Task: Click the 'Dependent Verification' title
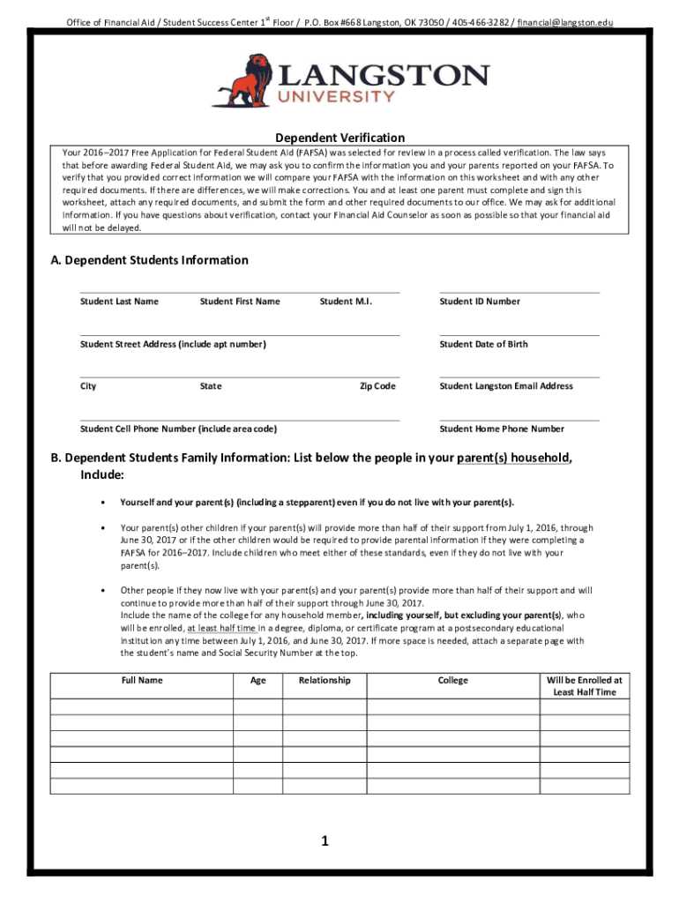point(339,138)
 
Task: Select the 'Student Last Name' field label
point(119,302)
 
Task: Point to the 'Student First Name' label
point(240,302)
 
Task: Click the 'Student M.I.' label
point(346,302)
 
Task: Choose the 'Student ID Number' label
point(480,302)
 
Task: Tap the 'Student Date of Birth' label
point(483,344)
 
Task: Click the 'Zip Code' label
point(377,386)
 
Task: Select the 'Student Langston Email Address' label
point(506,386)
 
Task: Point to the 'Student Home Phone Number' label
point(502,429)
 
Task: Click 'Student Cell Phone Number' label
point(178,429)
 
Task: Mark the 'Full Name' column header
point(141,681)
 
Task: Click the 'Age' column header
point(258,681)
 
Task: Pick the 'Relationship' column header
point(325,681)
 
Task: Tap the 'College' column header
point(453,681)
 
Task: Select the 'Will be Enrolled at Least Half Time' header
point(585,686)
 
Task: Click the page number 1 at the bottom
point(325,841)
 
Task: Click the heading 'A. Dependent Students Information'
point(149,260)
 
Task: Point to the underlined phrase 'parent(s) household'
point(512,458)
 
